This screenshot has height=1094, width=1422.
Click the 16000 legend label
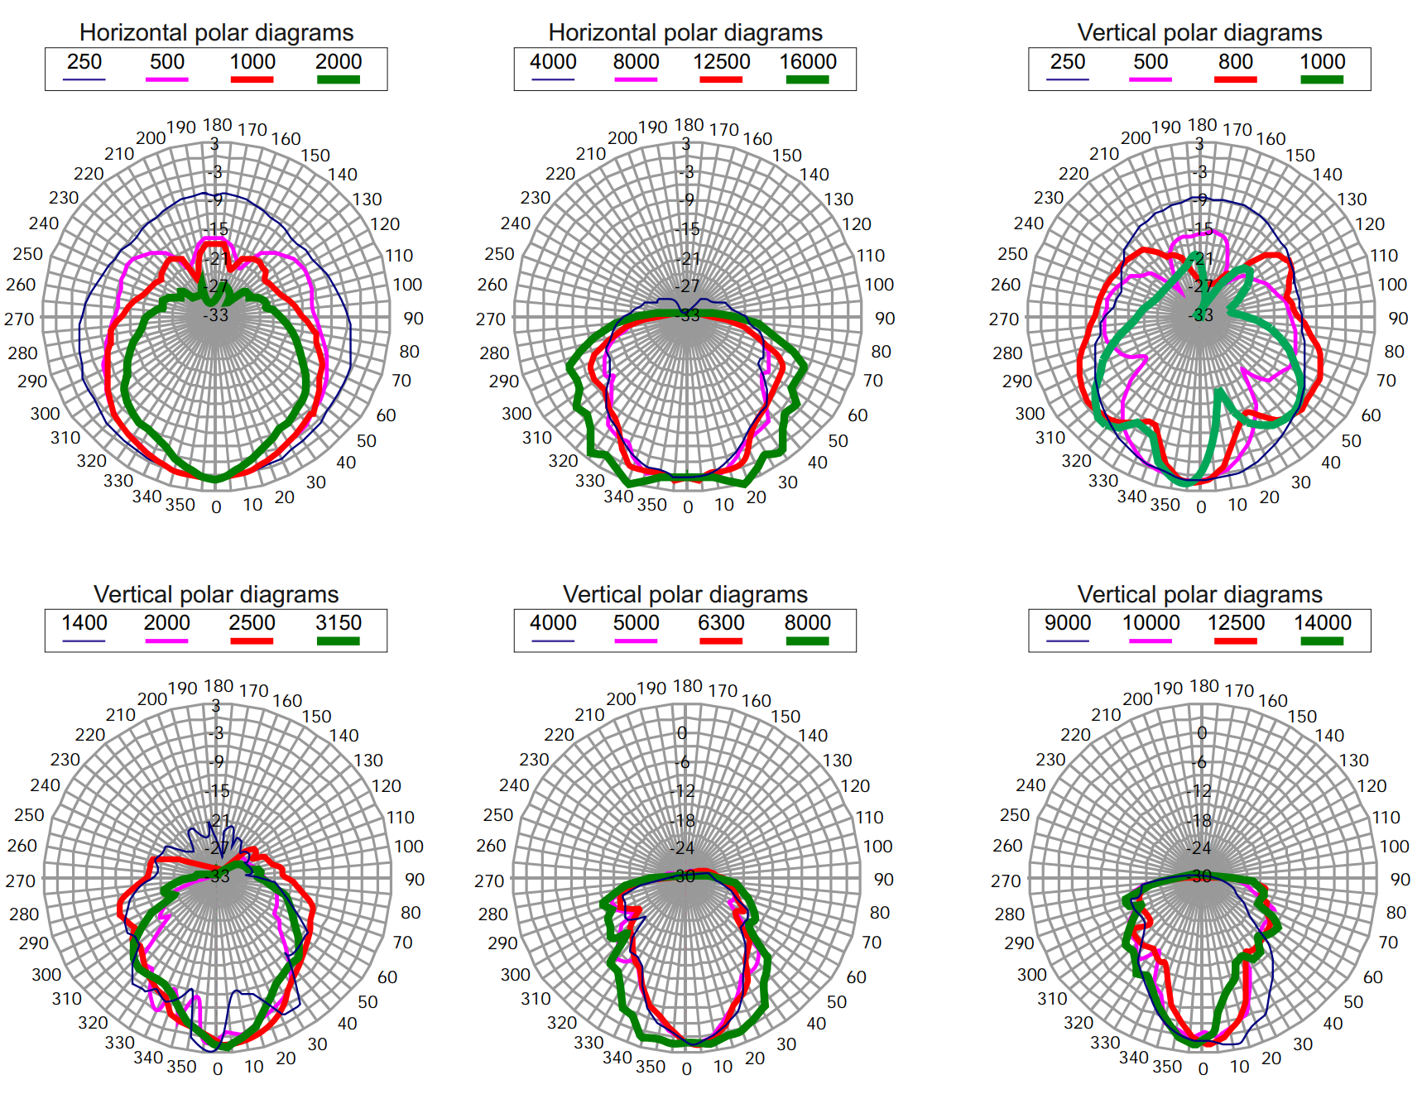tap(807, 62)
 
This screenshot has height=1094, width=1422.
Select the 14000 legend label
tap(1322, 623)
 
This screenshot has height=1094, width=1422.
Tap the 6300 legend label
tap(721, 623)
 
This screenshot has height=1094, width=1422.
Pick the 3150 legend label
tap(339, 623)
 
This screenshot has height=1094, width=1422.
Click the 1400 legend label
tap(84, 623)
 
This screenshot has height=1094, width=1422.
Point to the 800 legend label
tap(1235, 62)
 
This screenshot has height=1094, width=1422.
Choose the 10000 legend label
tap(1151, 623)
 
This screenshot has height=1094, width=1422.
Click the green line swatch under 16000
tap(807, 79)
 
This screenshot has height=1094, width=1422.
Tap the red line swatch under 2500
tap(252, 641)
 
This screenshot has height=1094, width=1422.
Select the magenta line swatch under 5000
tap(636, 641)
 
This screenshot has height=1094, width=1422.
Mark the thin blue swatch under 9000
tap(1067, 641)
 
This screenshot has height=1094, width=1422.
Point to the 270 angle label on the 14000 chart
tap(1006, 880)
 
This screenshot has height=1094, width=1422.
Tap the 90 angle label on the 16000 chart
tap(885, 319)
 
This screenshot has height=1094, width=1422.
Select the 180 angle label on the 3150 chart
tap(219, 686)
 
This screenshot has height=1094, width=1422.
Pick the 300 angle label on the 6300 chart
tap(515, 975)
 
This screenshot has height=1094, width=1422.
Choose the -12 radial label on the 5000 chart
tap(683, 791)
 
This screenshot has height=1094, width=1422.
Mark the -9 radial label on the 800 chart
tap(1200, 199)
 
